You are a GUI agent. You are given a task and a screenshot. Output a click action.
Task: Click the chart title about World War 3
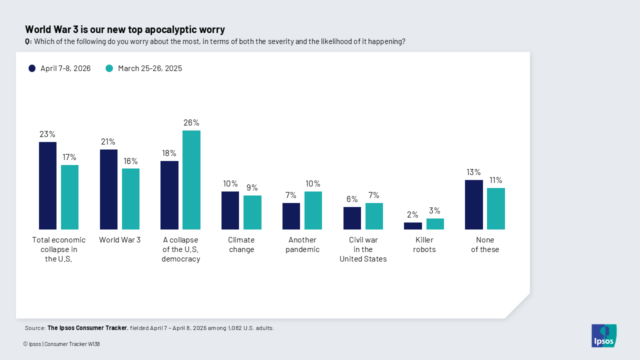125,29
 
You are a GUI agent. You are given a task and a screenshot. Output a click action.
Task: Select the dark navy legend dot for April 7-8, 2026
32,68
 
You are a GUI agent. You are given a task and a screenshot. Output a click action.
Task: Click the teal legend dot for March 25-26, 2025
109,68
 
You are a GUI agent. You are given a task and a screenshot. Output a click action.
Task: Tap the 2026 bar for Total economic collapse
47,185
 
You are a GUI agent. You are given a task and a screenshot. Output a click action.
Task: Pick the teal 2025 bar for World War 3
130,199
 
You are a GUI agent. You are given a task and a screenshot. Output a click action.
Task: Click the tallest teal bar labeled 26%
191,180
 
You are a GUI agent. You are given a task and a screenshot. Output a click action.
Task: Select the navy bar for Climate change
230,210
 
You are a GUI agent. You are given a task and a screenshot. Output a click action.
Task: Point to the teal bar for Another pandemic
313,210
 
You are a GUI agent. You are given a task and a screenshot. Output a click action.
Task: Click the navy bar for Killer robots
412,226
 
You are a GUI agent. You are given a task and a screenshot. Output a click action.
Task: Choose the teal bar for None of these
495,208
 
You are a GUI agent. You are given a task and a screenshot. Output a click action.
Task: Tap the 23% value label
47,134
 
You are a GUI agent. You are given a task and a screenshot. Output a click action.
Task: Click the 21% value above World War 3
108,141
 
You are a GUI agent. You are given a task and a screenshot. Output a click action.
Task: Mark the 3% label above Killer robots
434,210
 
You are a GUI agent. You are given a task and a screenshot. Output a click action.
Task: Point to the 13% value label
473,172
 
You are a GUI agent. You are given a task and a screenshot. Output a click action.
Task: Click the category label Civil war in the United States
363,249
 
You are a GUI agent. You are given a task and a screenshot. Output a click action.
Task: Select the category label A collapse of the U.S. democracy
180,249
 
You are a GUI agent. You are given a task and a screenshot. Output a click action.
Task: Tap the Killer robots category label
424,244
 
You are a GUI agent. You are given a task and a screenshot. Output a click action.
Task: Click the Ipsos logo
603,335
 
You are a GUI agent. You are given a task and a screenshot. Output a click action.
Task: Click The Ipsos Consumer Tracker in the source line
87,328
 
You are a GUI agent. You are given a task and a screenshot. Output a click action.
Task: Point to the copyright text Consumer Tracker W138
72,344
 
